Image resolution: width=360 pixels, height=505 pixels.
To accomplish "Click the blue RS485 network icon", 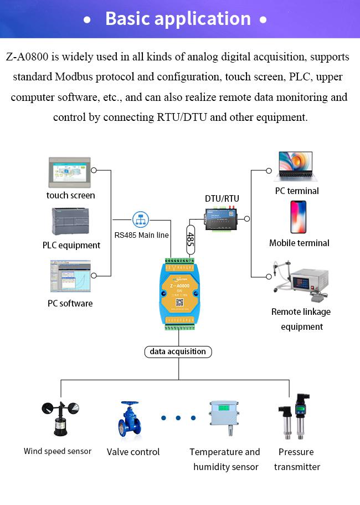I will pos(141,220).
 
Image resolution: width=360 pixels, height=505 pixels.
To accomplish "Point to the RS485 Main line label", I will pos(142,235).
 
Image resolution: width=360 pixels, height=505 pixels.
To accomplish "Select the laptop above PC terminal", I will pos(297,167).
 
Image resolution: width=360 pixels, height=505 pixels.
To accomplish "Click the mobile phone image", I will pos(299,217).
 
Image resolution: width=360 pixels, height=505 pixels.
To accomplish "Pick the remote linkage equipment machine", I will pos(301,282).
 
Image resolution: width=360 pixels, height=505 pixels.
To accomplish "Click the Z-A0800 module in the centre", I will pos(178,293).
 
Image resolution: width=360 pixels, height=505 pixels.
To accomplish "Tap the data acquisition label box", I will pos(178,351).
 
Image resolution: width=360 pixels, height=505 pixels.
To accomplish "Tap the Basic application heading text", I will pos(178,19).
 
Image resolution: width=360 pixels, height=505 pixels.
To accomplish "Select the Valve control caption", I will pos(133,452).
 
